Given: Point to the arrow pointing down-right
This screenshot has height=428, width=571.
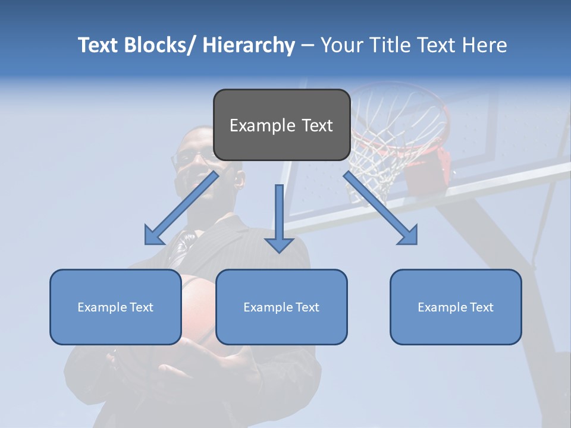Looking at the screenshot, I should [x=380, y=207].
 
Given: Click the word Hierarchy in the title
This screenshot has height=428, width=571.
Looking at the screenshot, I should [x=249, y=45].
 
